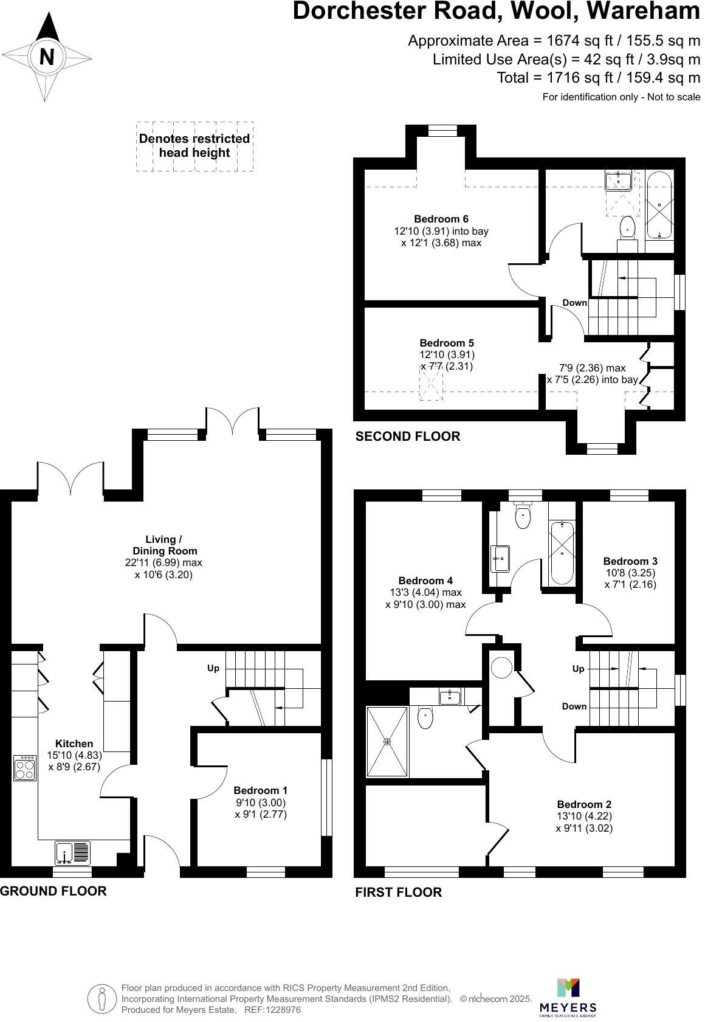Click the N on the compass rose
coord(46,57)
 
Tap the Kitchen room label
coord(74,744)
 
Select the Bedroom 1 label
coord(260,790)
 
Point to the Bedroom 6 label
coord(441,219)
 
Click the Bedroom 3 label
coord(630,561)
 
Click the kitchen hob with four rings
coord(25,767)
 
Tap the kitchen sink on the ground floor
coord(72,852)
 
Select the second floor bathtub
coord(659,205)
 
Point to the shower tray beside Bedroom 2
coord(387,741)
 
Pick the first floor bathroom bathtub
coord(562,553)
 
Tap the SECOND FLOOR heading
coord(408,437)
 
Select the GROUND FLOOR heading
coord(53,891)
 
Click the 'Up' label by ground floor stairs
coord(213,668)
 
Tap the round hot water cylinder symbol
coord(502,667)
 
